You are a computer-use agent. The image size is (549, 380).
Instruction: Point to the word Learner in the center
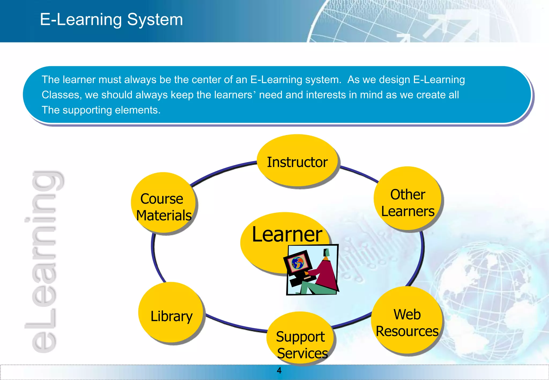(x=287, y=234)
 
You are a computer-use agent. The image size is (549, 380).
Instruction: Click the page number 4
(x=279, y=370)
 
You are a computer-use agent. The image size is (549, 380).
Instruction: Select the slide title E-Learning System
(x=111, y=20)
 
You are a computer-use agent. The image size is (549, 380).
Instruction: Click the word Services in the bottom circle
(x=302, y=353)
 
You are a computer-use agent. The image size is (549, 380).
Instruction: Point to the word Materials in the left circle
(x=164, y=215)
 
